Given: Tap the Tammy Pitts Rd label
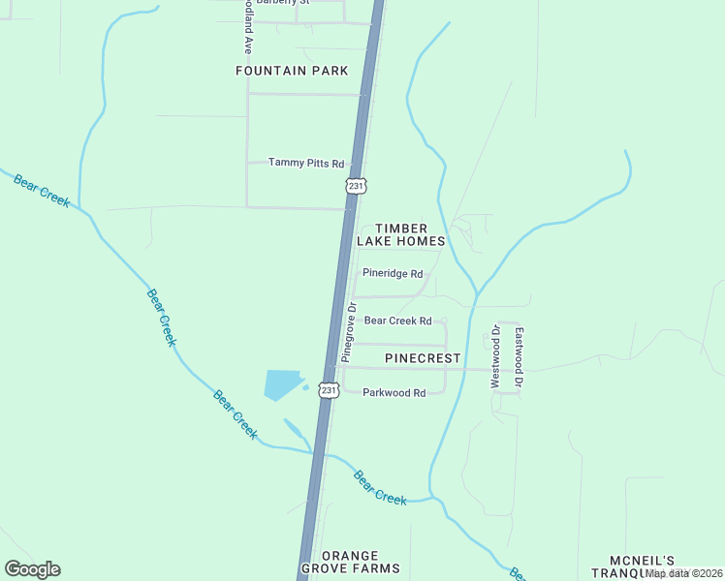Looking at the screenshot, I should tap(306, 163).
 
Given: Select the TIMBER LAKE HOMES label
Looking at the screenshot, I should tap(400, 234).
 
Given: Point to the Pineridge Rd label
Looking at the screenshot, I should tap(393, 274).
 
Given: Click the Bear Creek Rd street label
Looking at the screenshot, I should tap(397, 321).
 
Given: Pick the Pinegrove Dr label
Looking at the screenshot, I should tap(349, 334).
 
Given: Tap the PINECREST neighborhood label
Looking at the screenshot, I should tap(423, 358).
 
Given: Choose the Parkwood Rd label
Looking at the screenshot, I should tap(394, 393).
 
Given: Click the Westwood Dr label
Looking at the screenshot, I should tap(495, 357).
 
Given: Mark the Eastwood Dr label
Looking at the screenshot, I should tap(520, 357).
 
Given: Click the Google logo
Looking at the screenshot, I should tap(32, 568).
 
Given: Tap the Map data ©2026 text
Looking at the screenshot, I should tap(684, 573).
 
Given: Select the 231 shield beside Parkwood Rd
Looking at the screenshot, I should tap(329, 390).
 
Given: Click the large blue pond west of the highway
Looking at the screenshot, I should tap(283, 384).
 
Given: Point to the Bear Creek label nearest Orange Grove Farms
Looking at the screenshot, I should tap(379, 487).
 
